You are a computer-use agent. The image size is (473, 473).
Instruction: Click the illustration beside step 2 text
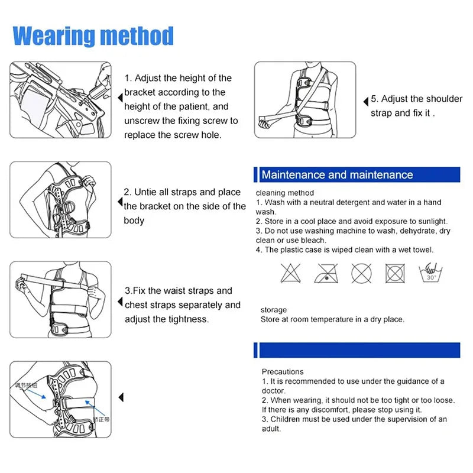60,200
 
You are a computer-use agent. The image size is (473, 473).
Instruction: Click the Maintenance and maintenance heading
337,175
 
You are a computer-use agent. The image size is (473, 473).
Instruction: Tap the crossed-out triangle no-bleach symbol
288,273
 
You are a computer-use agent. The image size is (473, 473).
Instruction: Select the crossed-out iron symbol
325,273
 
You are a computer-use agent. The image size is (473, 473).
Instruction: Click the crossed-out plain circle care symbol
360,273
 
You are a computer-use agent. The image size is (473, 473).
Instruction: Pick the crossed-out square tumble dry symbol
394,273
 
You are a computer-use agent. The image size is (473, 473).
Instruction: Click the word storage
274,310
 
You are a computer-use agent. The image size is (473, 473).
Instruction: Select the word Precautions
283,372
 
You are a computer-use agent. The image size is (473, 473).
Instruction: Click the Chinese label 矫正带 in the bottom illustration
101,420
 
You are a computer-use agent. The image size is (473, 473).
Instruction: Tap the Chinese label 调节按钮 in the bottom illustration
27,385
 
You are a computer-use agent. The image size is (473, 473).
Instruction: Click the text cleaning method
285,193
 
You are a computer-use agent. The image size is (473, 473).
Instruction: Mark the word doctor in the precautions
273,391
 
